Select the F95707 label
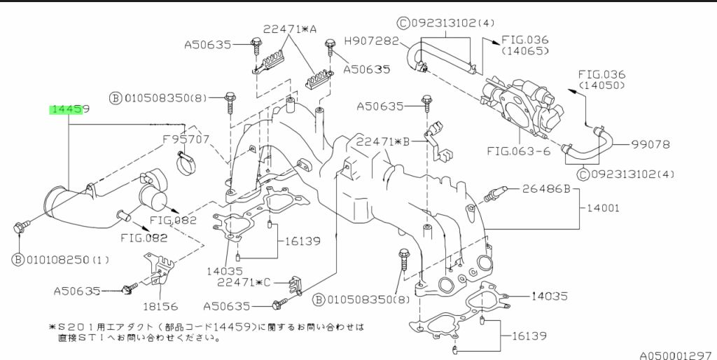(x=186, y=139)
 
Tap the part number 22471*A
(x=290, y=29)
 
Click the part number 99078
(x=651, y=145)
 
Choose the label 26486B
(x=546, y=189)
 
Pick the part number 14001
(x=604, y=208)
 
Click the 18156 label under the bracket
(x=160, y=306)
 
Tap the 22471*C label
(x=243, y=282)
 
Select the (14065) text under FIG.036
(x=525, y=51)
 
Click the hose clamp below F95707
(x=186, y=164)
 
